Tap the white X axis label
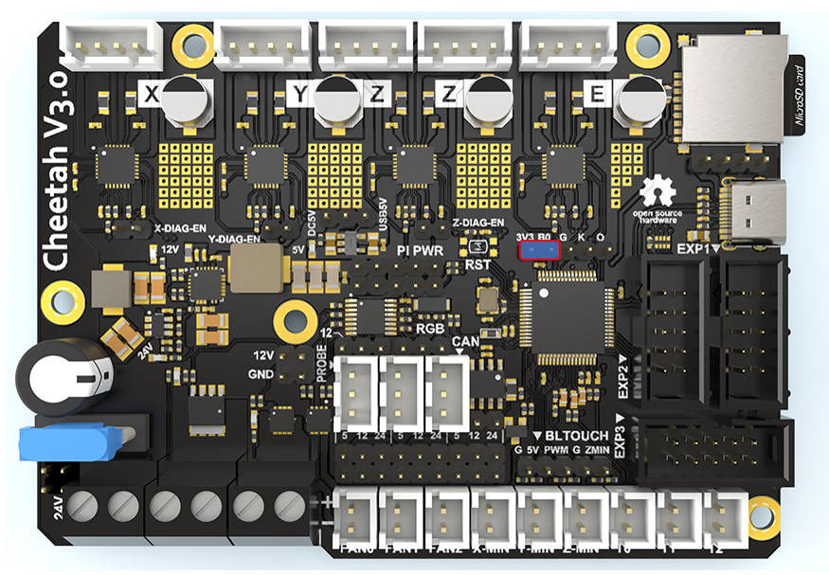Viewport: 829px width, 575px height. [150, 94]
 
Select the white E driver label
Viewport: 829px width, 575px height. [596, 94]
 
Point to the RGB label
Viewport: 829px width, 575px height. [430, 328]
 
